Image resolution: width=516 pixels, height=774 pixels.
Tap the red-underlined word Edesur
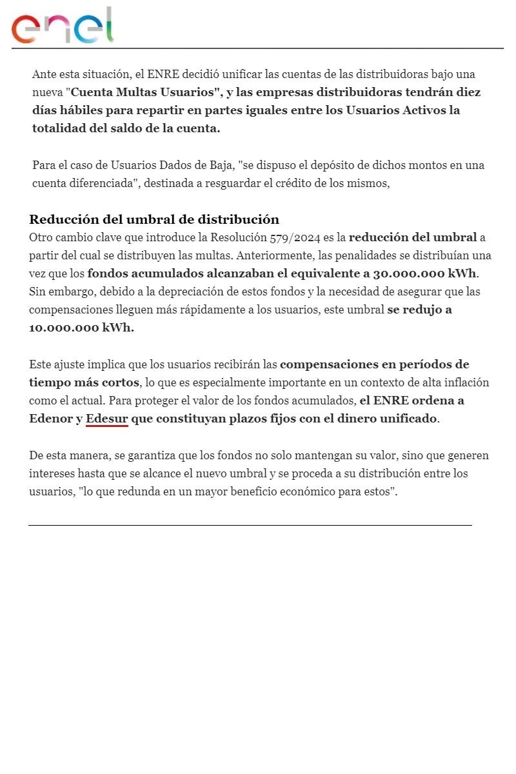click(107, 419)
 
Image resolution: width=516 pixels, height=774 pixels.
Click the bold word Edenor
click(51, 419)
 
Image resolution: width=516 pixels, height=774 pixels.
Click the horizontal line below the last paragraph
click(250, 526)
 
